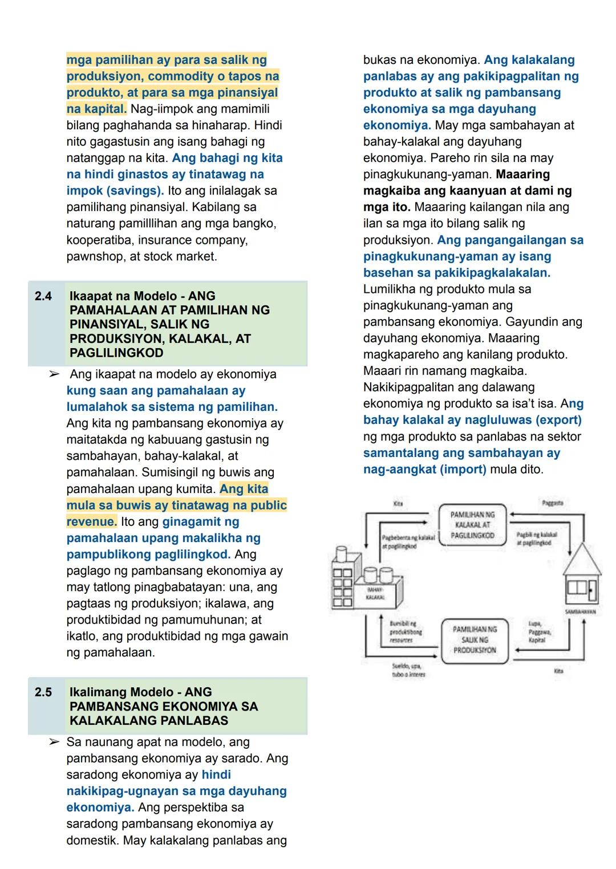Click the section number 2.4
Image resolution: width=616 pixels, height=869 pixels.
(x=43, y=296)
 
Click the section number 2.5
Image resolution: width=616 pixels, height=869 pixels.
(x=43, y=692)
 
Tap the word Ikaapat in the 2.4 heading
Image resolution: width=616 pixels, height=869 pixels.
(x=95, y=296)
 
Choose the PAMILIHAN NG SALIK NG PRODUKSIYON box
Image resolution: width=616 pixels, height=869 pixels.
(x=474, y=639)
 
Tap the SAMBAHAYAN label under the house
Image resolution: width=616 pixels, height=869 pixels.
(x=580, y=611)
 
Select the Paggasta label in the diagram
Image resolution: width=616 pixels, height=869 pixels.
(x=552, y=503)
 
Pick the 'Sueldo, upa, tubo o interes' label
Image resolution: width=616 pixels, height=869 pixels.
(x=408, y=670)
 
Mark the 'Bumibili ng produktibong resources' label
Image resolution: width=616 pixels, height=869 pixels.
(x=406, y=631)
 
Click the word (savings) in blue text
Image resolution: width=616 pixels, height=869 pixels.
(x=135, y=191)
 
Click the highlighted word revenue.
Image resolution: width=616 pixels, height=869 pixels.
(x=91, y=522)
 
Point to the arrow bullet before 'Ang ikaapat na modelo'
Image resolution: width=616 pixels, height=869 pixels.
(x=54, y=374)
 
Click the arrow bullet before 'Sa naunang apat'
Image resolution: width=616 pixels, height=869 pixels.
(x=54, y=742)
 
